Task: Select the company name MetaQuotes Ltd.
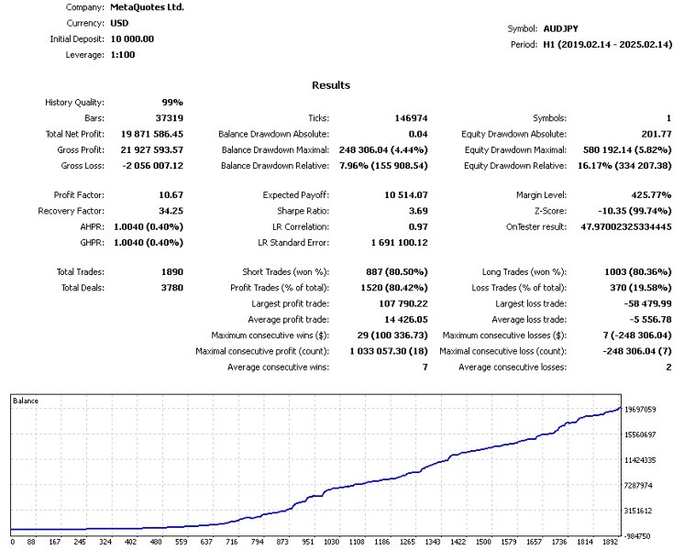(147, 6)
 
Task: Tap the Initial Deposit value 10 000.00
(132, 39)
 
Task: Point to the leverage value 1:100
(125, 56)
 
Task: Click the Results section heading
(331, 85)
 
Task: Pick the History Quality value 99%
(173, 102)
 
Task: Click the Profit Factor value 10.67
(168, 195)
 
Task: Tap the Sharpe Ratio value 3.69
(402, 211)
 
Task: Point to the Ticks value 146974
(397, 118)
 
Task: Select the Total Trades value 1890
(170, 272)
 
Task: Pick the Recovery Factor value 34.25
(168, 211)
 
